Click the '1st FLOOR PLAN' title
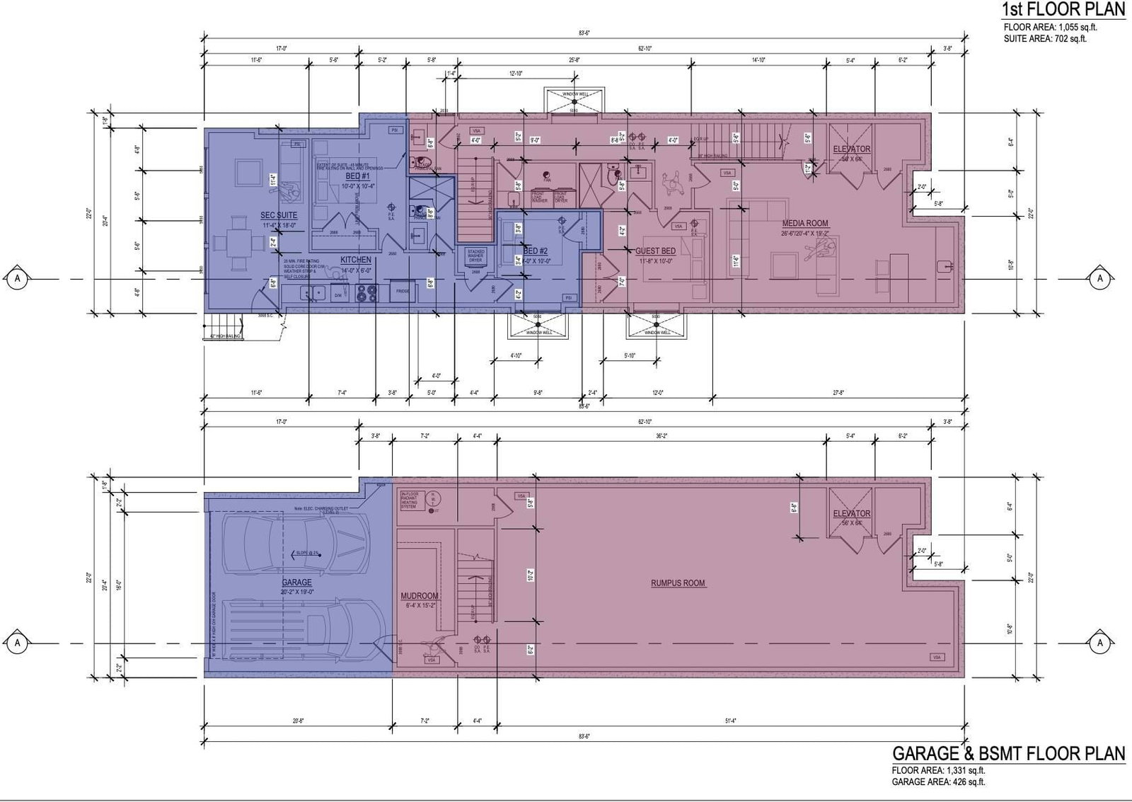(1063, 10)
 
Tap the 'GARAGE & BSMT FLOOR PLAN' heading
(1008, 753)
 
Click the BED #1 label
(358, 176)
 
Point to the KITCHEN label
(356, 260)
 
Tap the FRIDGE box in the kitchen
(403, 291)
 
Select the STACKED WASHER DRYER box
(475, 257)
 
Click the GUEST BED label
(655, 251)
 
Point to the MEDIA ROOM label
(805, 223)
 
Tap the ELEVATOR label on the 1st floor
(852, 149)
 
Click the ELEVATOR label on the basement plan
(852, 513)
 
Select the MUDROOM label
(420, 596)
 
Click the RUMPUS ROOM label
(678, 583)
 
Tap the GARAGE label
(296, 583)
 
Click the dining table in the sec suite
(233, 247)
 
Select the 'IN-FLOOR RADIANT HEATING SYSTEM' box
(410, 500)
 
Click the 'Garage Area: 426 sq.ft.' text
(938, 781)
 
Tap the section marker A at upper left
(18, 279)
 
